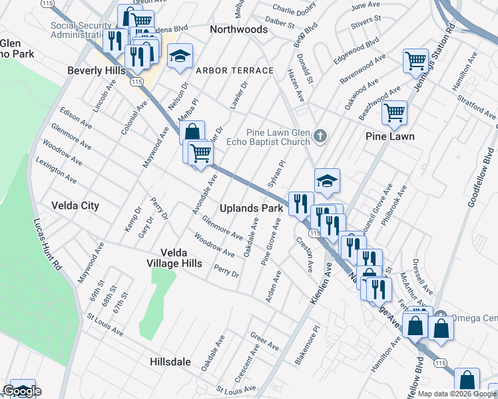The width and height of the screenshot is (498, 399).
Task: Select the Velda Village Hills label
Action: pos(181,258)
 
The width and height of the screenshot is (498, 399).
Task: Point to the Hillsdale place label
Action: pos(168,362)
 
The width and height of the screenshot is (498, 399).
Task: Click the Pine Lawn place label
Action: pos(390,136)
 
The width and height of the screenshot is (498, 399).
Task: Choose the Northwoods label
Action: pos(238,29)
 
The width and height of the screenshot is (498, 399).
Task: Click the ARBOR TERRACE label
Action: pos(234,70)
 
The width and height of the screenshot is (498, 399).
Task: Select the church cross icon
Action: pos(320,136)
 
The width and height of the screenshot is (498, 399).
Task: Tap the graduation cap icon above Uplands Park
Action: pos(327,180)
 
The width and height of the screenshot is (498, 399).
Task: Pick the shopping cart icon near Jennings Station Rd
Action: pos(415,61)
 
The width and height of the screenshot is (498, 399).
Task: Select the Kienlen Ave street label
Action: pos(322,283)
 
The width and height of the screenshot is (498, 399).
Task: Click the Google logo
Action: pos(22,391)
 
